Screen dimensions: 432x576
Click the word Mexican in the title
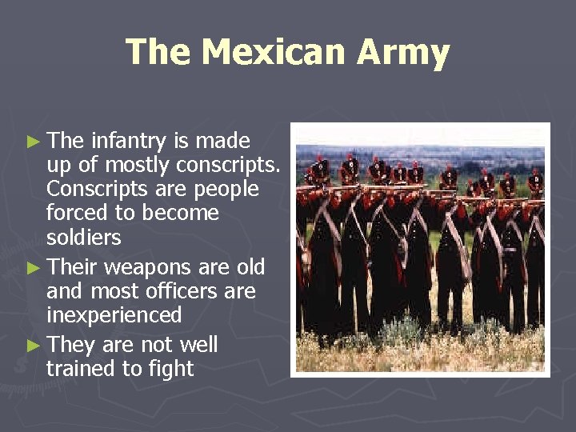tap(273, 53)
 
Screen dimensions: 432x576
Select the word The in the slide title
tap(158, 53)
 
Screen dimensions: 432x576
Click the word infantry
tap(129, 142)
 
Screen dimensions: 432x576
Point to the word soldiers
tap(84, 238)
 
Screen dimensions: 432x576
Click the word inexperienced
tap(114, 314)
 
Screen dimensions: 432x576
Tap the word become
tap(180, 213)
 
